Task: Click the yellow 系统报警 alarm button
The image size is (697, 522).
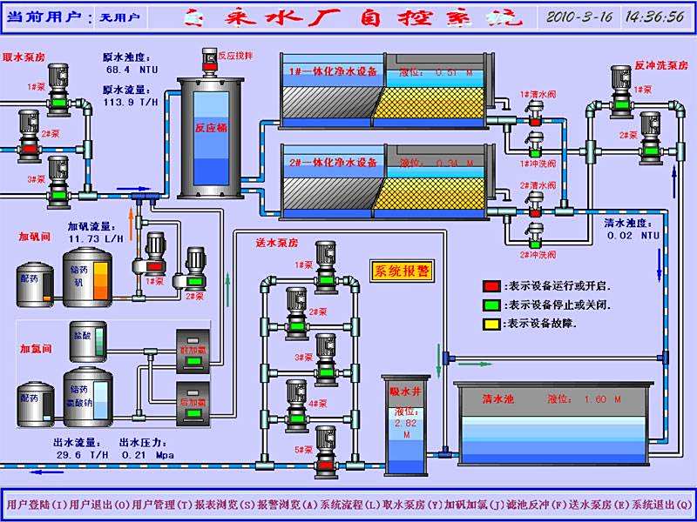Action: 402,271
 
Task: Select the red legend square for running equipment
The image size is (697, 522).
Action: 492,285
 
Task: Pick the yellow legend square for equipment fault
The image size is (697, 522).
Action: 492,324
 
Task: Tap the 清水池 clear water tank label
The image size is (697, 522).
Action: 498,399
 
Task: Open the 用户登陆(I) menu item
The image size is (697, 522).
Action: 36,504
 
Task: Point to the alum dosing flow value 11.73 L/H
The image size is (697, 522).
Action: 96,238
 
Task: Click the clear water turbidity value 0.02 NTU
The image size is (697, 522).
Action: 633,235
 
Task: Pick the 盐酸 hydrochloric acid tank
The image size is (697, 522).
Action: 88,343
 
